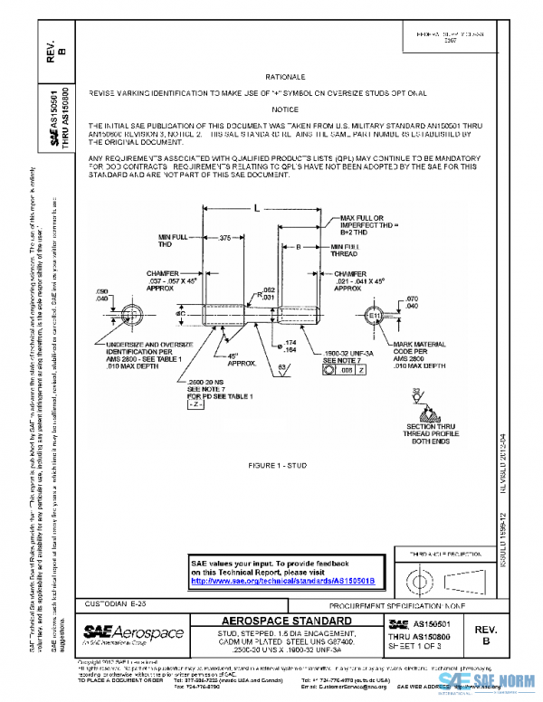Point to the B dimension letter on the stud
[x=298, y=246]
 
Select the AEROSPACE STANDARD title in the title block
[x=288, y=621]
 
